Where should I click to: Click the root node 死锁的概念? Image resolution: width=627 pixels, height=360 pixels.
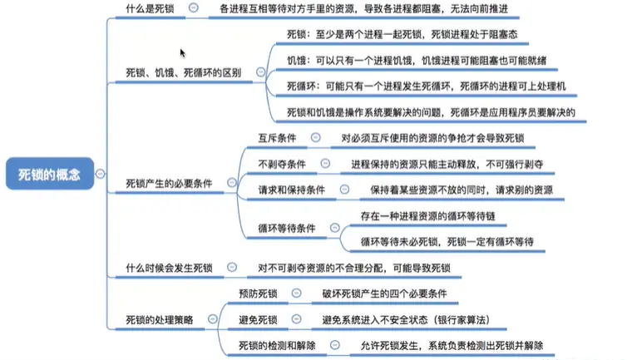pyautogui.click(x=50, y=175)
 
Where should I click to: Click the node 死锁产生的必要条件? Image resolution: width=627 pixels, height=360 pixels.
pyautogui.click(x=169, y=181)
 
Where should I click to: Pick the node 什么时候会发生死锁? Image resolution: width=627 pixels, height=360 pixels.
pyautogui.click(x=169, y=268)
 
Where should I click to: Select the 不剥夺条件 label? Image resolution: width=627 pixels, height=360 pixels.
pyautogui.click(x=283, y=164)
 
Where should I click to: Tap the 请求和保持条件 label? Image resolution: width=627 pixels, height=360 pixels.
pyautogui.click(x=292, y=190)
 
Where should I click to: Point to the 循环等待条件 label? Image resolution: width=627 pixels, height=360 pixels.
pyautogui.click(x=286, y=228)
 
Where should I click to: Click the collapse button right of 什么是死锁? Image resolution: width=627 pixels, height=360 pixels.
pyautogui.click(x=194, y=9)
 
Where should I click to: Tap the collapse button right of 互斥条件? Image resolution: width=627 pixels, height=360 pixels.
pyautogui.click(x=315, y=138)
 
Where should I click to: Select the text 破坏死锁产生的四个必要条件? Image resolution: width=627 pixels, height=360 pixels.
pyautogui.click(x=384, y=293)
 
